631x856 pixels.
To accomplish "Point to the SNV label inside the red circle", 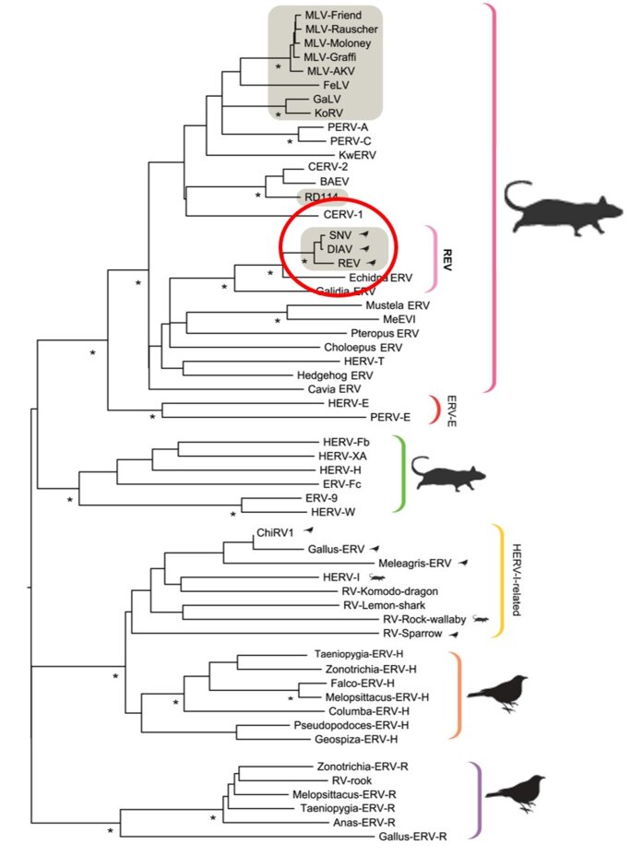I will (x=339, y=235).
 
